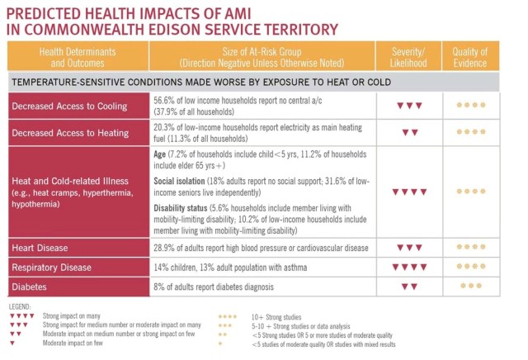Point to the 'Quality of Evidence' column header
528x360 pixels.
pyautogui.click(x=470, y=57)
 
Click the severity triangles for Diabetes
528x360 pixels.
pyautogui.click(x=408, y=287)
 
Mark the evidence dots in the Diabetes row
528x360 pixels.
pyautogui.click(x=471, y=286)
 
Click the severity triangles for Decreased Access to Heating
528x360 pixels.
pyautogui.click(x=408, y=132)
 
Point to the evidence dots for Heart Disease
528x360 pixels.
pyautogui.click(x=471, y=247)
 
